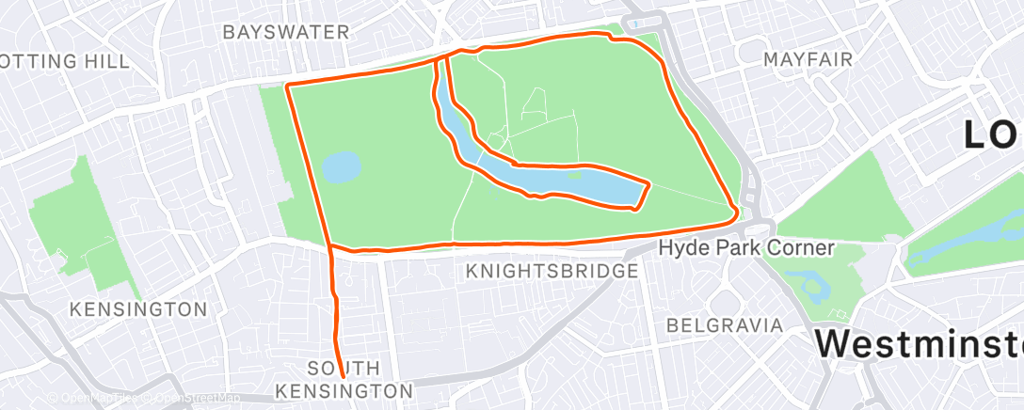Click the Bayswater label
(x=285, y=32)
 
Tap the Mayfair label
(x=808, y=59)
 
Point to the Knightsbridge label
(x=552, y=272)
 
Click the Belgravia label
(x=724, y=325)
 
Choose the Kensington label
(x=139, y=308)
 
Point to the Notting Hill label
(x=64, y=61)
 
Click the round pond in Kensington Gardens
(x=341, y=168)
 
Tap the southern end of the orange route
(x=342, y=377)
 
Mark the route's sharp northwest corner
(x=286, y=87)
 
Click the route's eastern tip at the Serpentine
(x=648, y=182)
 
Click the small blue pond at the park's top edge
(x=636, y=24)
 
